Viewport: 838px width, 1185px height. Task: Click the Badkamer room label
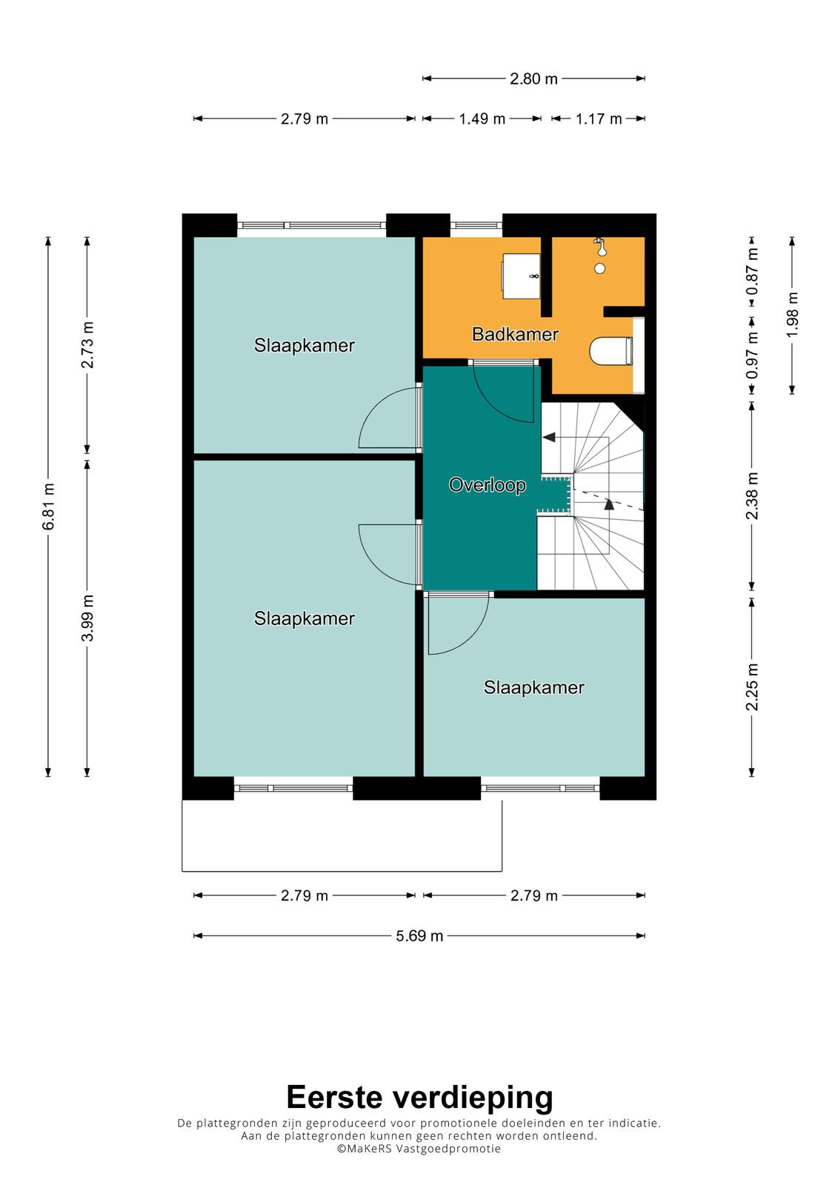(x=515, y=334)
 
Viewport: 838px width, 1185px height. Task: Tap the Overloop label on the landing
(x=487, y=484)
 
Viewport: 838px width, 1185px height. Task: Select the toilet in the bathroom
(x=611, y=351)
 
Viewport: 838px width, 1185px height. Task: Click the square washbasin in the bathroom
(x=521, y=276)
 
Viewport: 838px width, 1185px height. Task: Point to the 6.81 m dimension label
(x=49, y=507)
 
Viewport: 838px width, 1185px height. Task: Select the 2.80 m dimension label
(x=533, y=79)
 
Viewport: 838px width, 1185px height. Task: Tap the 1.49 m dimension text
(x=482, y=118)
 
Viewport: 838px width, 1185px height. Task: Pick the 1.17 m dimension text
(x=599, y=118)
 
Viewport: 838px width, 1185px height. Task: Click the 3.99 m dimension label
(x=87, y=618)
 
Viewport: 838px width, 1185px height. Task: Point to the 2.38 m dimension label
(x=752, y=495)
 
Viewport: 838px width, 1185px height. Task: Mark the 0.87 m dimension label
(x=752, y=271)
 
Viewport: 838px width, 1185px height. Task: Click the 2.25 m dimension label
(x=752, y=687)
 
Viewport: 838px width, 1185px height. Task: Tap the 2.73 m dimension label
(x=87, y=345)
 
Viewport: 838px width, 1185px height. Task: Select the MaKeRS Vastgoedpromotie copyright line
(x=419, y=1149)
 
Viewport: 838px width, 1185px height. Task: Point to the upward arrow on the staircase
(x=609, y=504)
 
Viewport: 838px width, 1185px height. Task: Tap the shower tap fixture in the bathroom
(x=599, y=246)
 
